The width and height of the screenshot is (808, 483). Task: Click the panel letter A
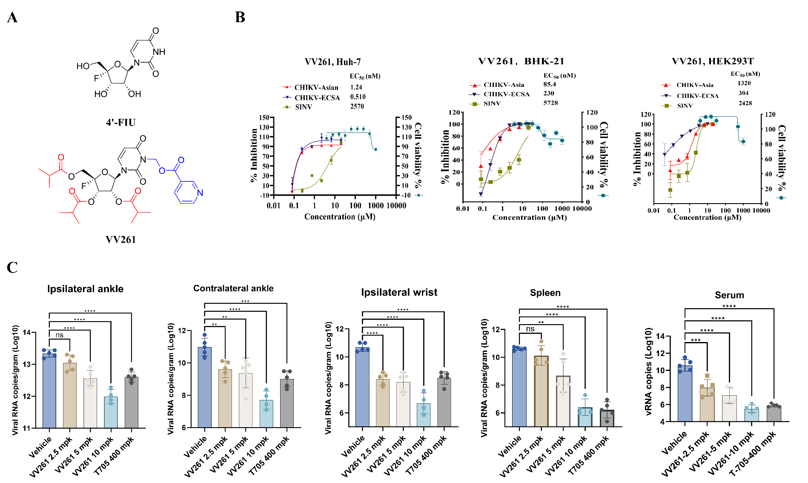click(12, 17)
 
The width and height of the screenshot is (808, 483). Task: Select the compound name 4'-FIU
click(120, 123)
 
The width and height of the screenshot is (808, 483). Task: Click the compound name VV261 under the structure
click(120, 239)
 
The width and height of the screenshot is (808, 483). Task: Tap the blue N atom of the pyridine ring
click(200, 193)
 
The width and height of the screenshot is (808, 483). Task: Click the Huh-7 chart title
click(332, 62)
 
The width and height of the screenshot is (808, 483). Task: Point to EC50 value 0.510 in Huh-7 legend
click(358, 97)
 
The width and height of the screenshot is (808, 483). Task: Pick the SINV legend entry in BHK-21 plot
click(492, 103)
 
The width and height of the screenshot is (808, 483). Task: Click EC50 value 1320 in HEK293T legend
click(744, 83)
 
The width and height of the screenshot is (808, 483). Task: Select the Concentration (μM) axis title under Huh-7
click(340, 217)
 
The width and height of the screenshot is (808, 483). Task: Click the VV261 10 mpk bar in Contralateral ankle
click(266, 413)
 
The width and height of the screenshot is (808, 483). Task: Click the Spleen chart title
click(545, 293)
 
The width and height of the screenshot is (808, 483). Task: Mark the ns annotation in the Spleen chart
click(530, 329)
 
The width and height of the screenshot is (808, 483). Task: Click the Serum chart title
click(729, 295)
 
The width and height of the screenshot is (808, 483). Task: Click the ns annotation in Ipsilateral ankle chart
click(60, 335)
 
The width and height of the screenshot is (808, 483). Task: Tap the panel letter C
click(12, 267)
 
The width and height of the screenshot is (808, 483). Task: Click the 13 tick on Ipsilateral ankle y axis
click(31, 365)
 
